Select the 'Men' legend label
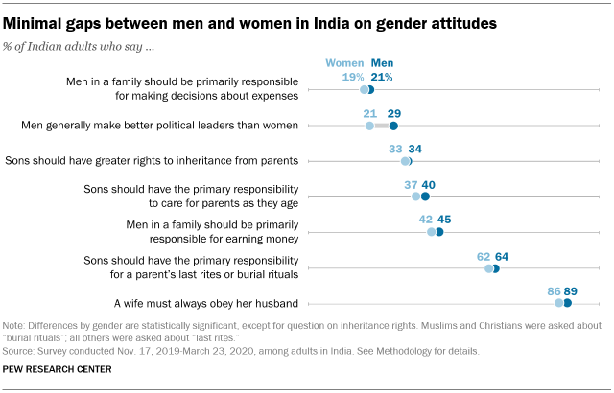point(382,62)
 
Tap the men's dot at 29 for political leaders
point(393,126)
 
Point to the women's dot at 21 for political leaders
point(369,126)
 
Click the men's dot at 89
point(568,303)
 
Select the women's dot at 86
point(559,303)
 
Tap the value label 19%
point(352,76)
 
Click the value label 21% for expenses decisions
point(381,76)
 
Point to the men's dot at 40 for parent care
point(425,196)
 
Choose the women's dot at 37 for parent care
point(416,196)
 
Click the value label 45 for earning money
point(444,220)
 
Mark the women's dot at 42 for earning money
point(432,232)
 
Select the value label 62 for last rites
point(484,256)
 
